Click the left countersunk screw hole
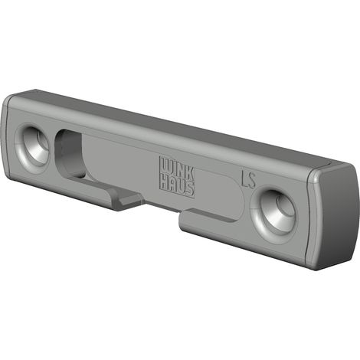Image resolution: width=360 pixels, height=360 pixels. pos(33,148)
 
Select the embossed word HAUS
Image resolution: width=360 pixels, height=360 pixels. pos(178,186)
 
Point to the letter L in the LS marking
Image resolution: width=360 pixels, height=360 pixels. pos(244,178)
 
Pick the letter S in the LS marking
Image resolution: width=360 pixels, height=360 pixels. pos(252,181)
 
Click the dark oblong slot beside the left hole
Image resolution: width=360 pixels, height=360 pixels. pos(70,153)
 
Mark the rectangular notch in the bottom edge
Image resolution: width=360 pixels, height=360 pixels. pos(162,209)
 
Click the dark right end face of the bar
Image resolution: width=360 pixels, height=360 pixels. pos(336,218)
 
